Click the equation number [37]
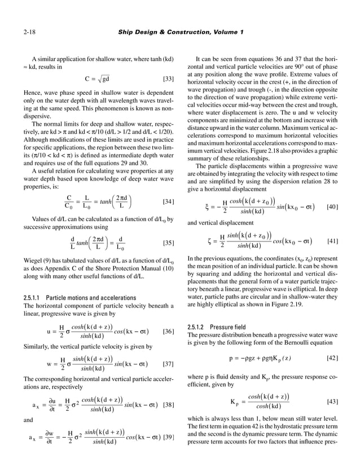point(167,363)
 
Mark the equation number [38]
point(167,405)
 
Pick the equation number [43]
point(333,402)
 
